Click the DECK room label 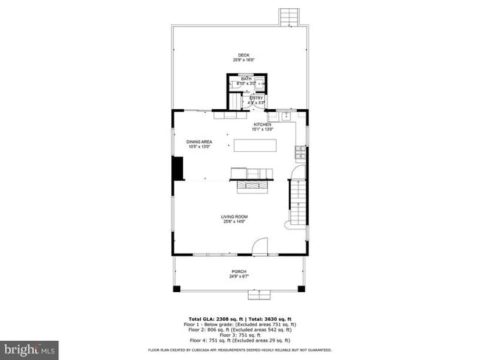(240, 55)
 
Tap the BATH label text (247, 79)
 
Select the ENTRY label (256, 98)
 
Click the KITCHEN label (262, 125)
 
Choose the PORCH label (239, 272)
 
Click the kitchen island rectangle (256, 145)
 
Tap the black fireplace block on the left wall (177, 168)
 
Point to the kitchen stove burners (301, 153)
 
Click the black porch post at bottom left (176, 288)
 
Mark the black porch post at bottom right (301, 288)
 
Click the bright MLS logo (30, 347)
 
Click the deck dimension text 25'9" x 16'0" (240, 60)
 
